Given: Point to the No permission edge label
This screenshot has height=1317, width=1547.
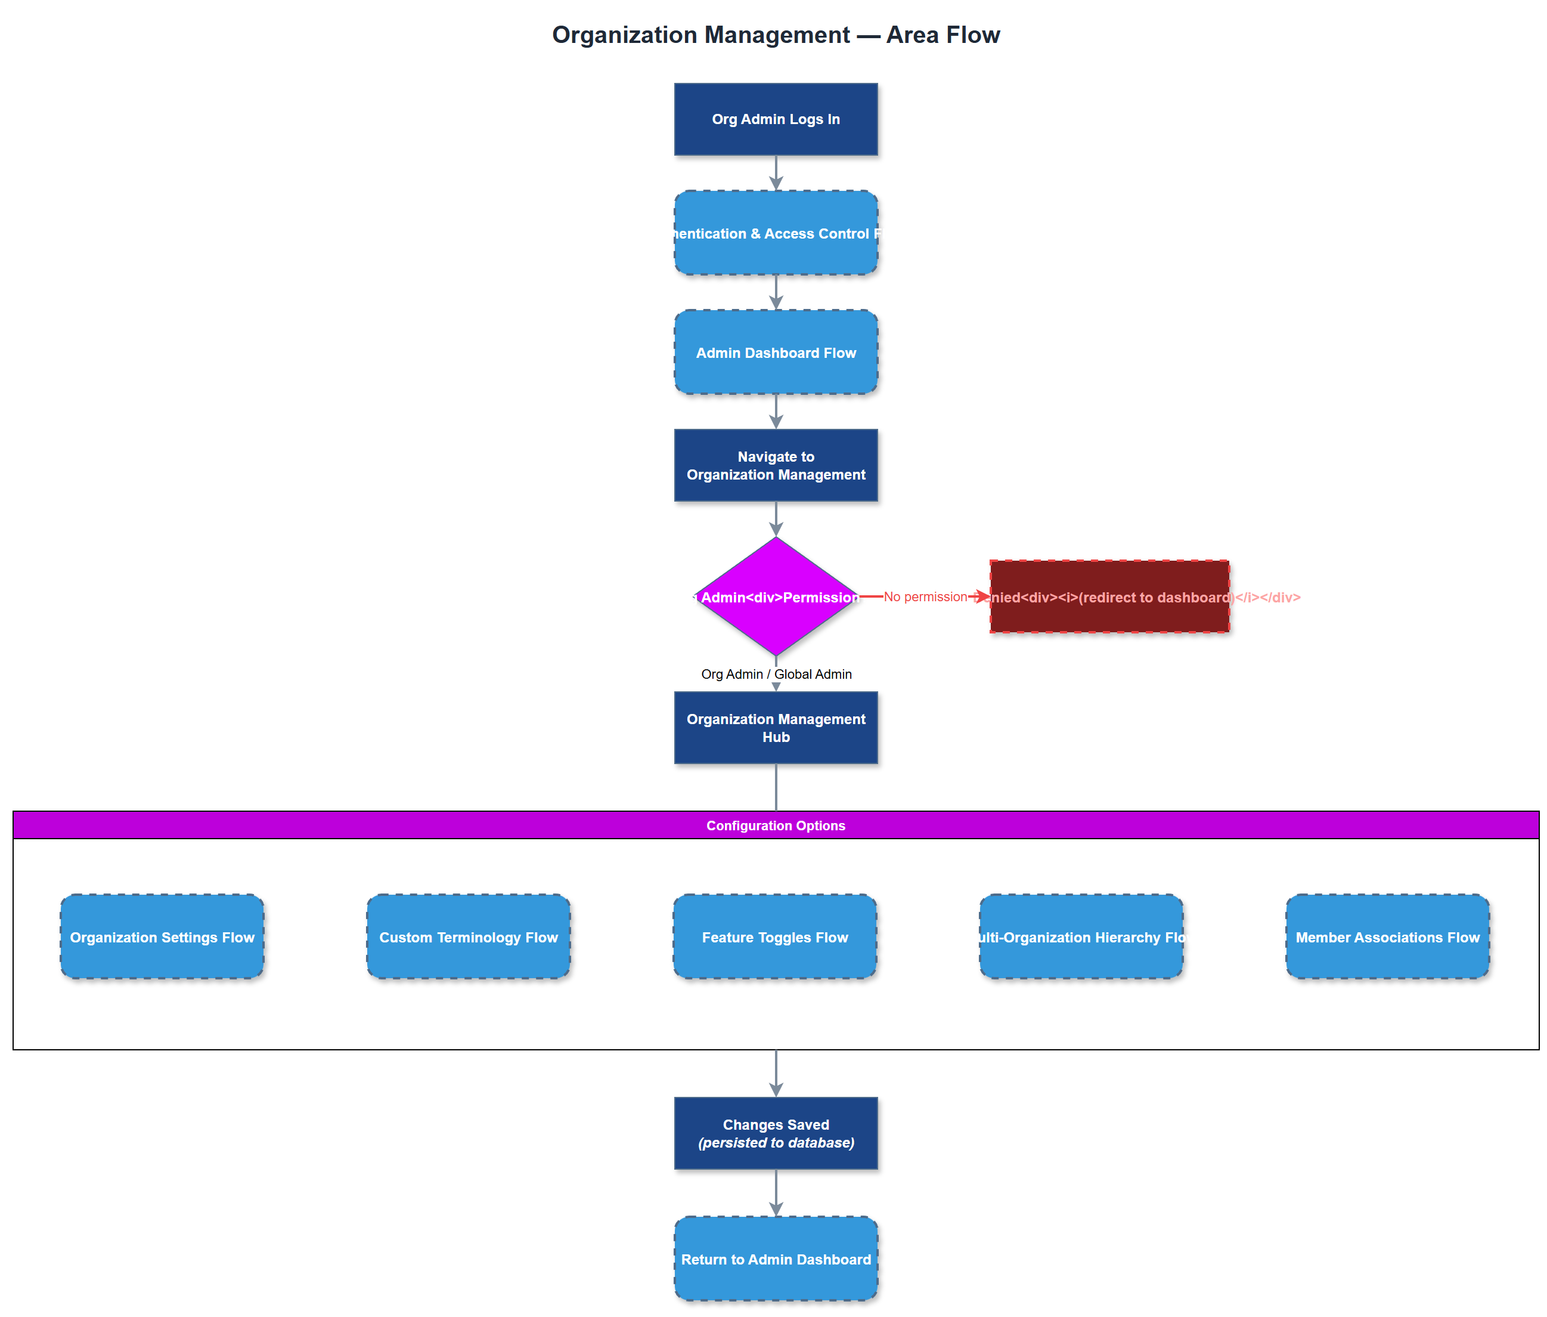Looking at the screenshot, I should click(924, 596).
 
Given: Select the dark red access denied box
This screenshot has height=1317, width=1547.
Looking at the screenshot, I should click(1108, 596).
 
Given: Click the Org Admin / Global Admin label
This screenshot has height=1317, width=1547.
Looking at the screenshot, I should click(776, 673).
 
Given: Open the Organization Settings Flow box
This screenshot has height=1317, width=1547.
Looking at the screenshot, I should click(162, 936).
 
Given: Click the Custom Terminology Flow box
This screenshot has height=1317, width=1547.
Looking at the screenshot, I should click(468, 936).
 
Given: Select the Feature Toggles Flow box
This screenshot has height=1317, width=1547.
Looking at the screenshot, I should click(774, 936).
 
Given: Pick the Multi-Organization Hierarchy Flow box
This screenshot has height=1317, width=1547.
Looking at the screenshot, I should click(1081, 936).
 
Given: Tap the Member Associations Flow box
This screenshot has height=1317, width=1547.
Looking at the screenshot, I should click(1387, 936).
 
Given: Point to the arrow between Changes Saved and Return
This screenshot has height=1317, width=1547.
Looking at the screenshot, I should click(776, 1192).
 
